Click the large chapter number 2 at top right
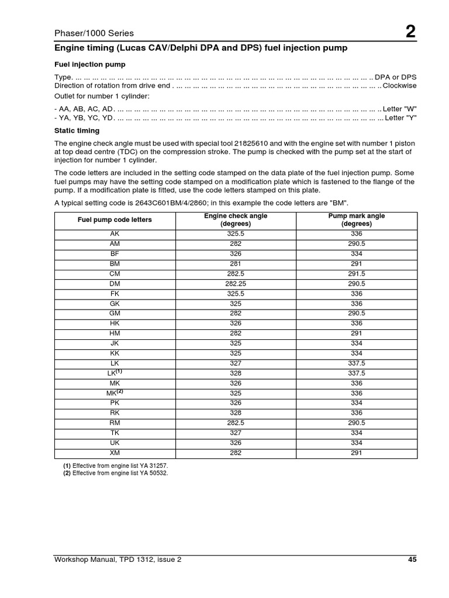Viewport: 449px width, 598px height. coord(411,32)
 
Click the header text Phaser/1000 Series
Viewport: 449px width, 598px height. coord(94,33)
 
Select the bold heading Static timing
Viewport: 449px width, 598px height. coord(77,131)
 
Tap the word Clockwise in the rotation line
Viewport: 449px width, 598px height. coord(399,86)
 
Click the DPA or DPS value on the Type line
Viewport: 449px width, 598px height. coord(396,77)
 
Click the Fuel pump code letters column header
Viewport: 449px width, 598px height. coord(115,220)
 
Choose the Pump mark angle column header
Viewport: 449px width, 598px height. coord(357,220)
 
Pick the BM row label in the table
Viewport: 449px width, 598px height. coord(115,263)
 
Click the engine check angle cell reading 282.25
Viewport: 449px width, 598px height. coord(236,283)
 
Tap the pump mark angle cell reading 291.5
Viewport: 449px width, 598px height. coord(357,273)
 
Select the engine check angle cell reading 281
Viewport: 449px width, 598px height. coord(236,263)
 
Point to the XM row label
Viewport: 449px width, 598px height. coord(115,453)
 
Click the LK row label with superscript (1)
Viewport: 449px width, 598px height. coord(115,373)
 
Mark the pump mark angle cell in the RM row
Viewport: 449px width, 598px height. coord(357,423)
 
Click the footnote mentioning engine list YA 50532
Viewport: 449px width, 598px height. coord(116,473)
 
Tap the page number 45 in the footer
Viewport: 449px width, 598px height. coord(412,559)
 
